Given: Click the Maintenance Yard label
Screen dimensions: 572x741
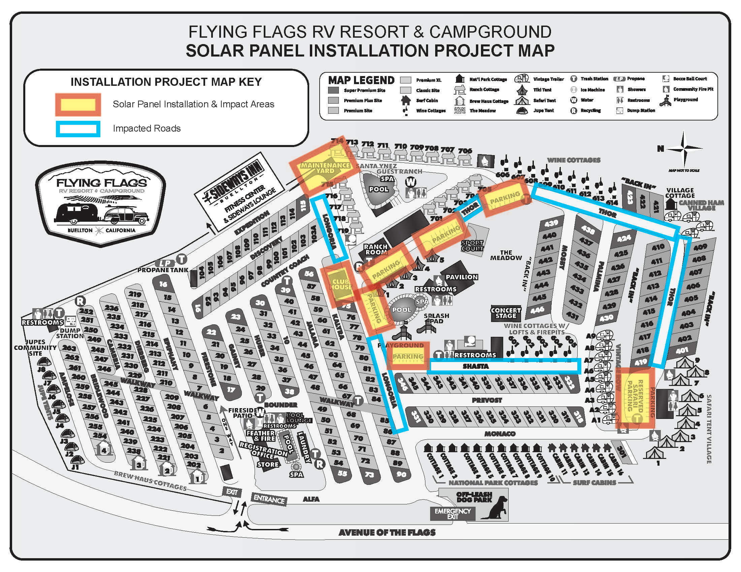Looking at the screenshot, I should tap(325, 168).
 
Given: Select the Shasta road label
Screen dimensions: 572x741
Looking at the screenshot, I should tap(476, 366).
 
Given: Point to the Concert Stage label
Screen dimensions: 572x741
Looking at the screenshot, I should tap(506, 313).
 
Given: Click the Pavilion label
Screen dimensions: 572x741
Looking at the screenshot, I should tap(461, 277).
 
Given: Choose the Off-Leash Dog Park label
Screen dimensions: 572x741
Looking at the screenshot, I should tap(474, 497).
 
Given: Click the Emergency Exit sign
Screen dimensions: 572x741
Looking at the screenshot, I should tap(453, 514).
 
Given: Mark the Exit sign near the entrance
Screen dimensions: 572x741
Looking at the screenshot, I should tap(232, 492).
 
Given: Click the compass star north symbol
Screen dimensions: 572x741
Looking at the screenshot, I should tap(684, 148).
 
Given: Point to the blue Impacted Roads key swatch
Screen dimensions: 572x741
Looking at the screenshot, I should tap(78, 129).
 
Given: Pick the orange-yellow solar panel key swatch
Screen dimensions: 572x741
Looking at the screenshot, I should tap(78, 105).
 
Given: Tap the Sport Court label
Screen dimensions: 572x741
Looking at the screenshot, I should tap(472, 246).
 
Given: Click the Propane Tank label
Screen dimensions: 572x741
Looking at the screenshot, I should tap(163, 270).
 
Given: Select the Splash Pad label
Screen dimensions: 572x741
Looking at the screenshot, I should tap(436, 318).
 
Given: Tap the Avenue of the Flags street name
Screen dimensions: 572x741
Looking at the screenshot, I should tap(387, 533).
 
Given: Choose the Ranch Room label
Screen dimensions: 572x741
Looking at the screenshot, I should tap(376, 249).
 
